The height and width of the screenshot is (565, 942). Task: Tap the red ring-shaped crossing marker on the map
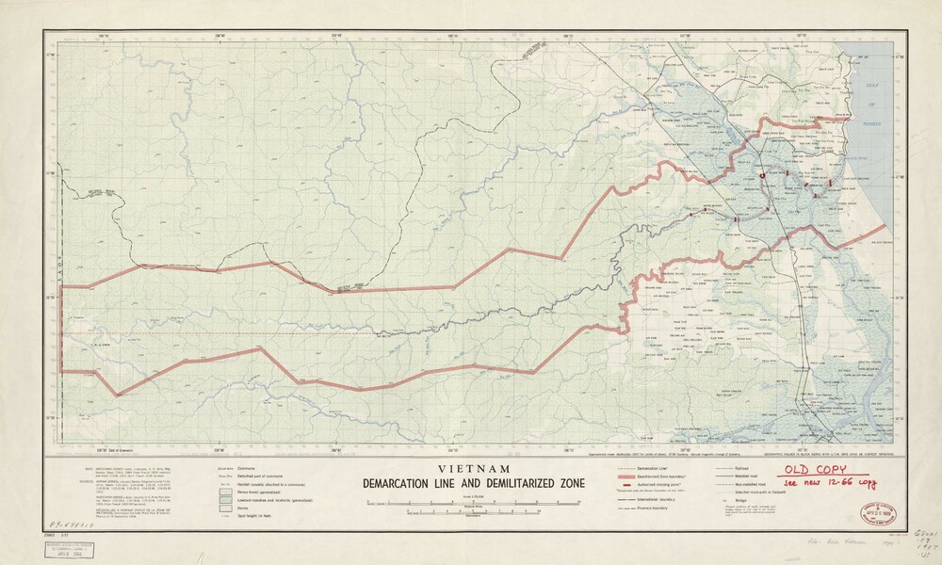click(761, 176)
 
